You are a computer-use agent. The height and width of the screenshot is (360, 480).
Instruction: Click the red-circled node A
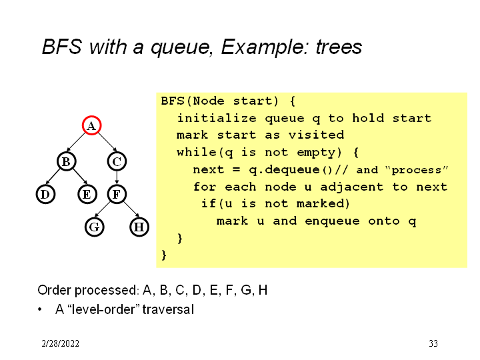tap(91, 125)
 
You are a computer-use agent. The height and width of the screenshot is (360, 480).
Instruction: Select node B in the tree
tap(65, 161)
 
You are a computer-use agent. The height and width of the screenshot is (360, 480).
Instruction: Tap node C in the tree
tap(117, 161)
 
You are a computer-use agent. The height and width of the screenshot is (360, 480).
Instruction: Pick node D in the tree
tap(45, 194)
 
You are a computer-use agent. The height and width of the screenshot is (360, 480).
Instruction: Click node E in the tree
tap(86, 194)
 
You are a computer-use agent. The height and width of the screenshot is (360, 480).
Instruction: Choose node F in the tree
tap(117, 194)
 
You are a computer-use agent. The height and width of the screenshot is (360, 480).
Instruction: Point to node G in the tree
tap(95, 227)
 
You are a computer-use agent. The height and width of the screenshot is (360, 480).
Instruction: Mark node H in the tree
tap(139, 227)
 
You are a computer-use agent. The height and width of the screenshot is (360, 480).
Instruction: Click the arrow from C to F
tap(117, 177)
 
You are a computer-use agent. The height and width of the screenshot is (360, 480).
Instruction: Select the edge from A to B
tap(79, 143)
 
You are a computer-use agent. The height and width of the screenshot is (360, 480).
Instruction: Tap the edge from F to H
tap(128, 211)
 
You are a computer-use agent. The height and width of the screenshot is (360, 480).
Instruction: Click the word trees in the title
tap(339, 47)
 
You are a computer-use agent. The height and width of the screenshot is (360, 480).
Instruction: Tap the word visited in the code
tap(315, 135)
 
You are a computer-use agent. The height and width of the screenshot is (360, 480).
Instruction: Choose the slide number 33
tap(433, 344)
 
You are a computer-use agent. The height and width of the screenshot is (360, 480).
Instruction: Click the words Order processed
tap(87, 290)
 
